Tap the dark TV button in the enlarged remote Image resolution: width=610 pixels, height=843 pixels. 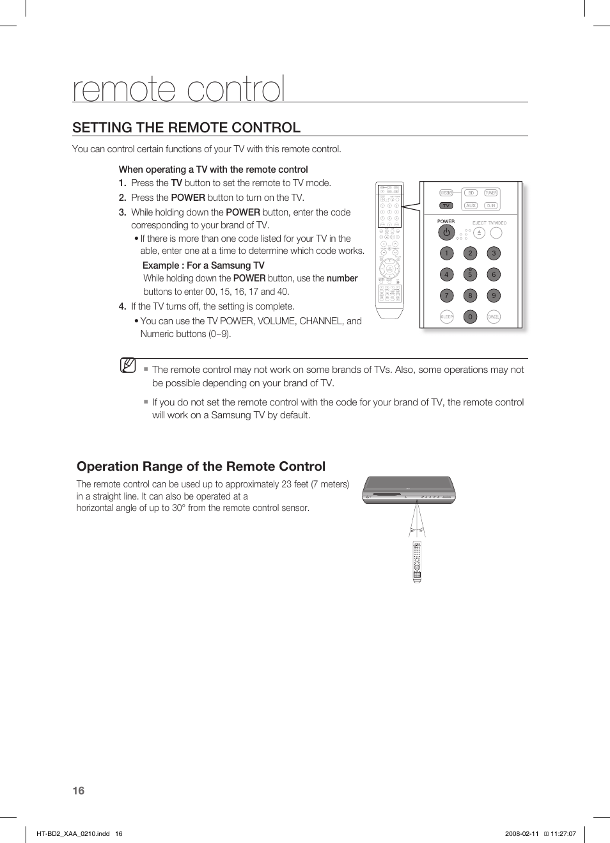pyautogui.click(x=446, y=205)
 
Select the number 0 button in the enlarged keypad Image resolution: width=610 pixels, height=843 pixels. pyautogui.click(x=470, y=317)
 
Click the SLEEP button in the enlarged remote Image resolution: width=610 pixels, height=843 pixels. pyautogui.click(x=446, y=317)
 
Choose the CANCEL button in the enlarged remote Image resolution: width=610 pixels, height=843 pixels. pyautogui.click(x=494, y=317)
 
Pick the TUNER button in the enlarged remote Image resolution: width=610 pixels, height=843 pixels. pyautogui.click(x=490, y=193)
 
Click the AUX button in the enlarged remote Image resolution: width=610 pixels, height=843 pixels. pyautogui.click(x=471, y=205)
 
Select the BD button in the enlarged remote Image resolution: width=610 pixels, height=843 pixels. pyautogui.click(x=471, y=193)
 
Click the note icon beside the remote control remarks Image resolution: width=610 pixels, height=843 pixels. pyautogui.click(x=128, y=366)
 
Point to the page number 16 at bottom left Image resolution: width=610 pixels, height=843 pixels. pyautogui.click(x=78, y=791)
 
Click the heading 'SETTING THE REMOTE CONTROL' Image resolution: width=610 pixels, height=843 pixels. pyautogui.click(x=186, y=127)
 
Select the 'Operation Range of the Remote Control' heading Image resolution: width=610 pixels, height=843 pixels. pyautogui.click(x=201, y=466)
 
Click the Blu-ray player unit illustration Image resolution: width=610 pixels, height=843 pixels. pyautogui.click(x=409, y=490)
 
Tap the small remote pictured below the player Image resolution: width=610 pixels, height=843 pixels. pyautogui.click(x=417, y=562)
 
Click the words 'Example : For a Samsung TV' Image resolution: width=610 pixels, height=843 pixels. pyautogui.click(x=203, y=265)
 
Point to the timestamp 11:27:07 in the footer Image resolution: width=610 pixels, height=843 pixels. pyautogui.click(x=563, y=833)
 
